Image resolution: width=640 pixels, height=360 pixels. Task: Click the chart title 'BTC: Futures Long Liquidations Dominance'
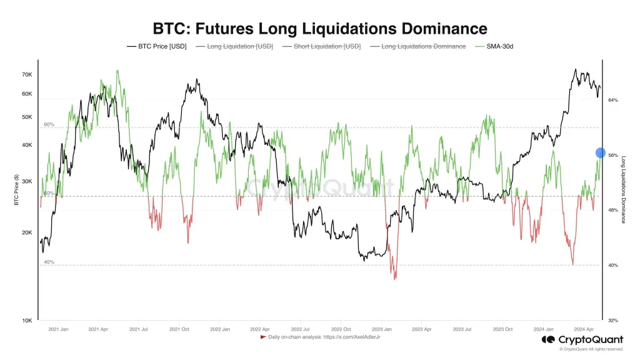point(319,29)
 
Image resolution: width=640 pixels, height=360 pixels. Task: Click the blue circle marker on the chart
point(601,152)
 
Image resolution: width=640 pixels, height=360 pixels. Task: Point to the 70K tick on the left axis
point(27,74)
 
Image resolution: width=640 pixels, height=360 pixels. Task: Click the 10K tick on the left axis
point(27,321)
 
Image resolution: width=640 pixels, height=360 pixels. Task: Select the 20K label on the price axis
point(27,232)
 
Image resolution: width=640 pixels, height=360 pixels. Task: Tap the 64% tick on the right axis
point(613,100)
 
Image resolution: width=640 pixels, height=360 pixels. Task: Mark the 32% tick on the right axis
point(613,321)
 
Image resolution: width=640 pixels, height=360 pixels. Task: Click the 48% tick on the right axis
point(613,211)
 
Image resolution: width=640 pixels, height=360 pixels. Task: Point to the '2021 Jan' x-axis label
point(58,329)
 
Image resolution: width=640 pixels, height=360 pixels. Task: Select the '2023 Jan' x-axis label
point(381,329)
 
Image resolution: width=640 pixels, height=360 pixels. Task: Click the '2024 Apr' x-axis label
point(583,329)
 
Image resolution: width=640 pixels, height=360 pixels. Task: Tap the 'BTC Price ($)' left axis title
point(16,191)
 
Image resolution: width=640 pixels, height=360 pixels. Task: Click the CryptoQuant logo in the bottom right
point(582,339)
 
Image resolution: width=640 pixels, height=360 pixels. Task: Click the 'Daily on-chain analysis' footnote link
point(324,337)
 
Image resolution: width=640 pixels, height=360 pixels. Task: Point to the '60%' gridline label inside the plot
point(49,124)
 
